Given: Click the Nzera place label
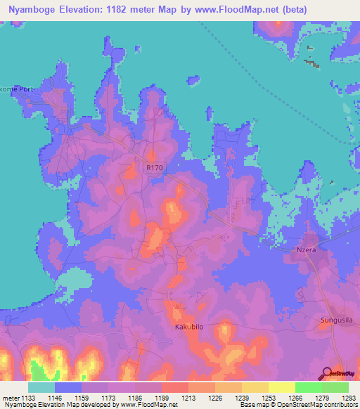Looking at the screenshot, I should point(304,250).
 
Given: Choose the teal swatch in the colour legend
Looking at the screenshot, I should point(41,387).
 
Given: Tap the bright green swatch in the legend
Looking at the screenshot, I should point(308,387).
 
